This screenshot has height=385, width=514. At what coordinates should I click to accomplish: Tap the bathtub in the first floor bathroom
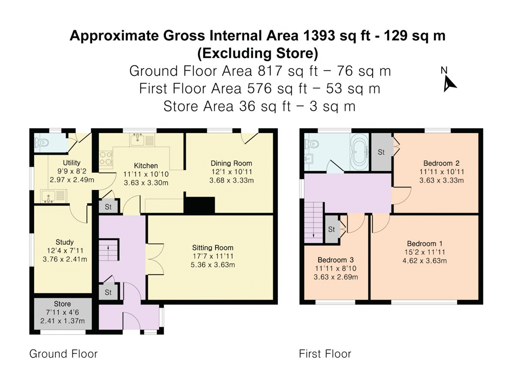pyautogui.click(x=359, y=152)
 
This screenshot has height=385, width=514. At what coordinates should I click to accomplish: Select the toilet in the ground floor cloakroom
pyautogui.click(x=41, y=142)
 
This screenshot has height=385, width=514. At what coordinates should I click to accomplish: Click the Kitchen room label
pyautogui.click(x=146, y=166)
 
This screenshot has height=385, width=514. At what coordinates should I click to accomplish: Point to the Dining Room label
pyautogui.click(x=231, y=163)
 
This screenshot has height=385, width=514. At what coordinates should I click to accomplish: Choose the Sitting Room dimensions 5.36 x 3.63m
pyautogui.click(x=212, y=265)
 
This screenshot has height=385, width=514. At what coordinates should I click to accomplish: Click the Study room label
pyautogui.click(x=65, y=242)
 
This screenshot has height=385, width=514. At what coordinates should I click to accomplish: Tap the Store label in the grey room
pyautogui.click(x=62, y=304)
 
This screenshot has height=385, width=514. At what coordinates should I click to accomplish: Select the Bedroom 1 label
pyautogui.click(x=424, y=243)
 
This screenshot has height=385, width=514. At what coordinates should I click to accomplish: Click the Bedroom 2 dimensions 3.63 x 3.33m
pyautogui.click(x=442, y=180)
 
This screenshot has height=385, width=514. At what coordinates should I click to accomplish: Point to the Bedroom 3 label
pyautogui.click(x=335, y=260)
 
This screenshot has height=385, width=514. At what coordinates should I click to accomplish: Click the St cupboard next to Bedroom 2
pyautogui.click(x=381, y=152)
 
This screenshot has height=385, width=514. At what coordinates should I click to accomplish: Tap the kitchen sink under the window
pyautogui.click(x=142, y=139)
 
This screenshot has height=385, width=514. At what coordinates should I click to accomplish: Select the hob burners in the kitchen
pyautogui.click(x=106, y=158)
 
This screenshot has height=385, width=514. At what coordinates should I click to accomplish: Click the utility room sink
pyautogui.click(x=54, y=196)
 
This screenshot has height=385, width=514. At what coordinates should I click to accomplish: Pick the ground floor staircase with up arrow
pyautogui.click(x=108, y=250)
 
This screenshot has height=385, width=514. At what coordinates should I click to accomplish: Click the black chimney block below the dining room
pyautogui.click(x=199, y=205)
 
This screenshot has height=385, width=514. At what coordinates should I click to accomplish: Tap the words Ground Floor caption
pyautogui.click(x=63, y=354)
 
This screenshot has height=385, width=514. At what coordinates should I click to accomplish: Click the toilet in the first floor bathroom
pyautogui.click(x=311, y=144)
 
